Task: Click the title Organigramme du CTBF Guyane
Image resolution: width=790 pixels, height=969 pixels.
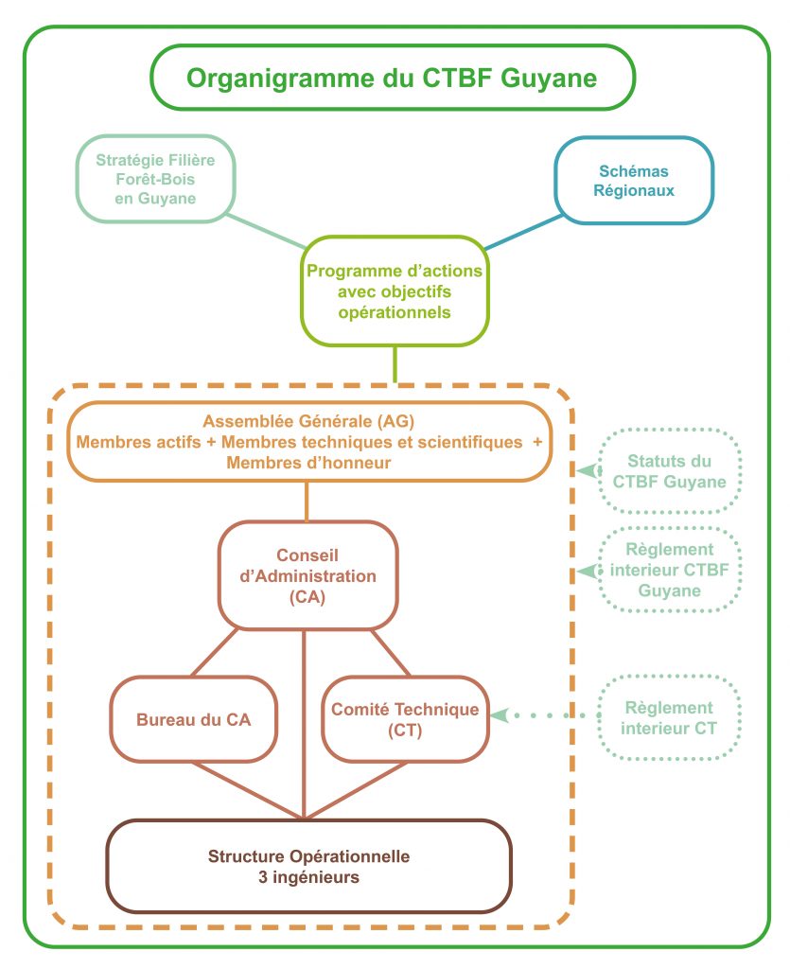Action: coord(392,78)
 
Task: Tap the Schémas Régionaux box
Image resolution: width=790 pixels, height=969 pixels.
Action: coord(633,180)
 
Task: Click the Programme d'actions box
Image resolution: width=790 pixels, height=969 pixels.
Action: coord(395,291)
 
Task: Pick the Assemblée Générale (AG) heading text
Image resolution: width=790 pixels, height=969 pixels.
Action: coord(309,421)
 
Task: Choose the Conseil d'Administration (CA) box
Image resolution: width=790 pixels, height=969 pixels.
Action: coord(307,575)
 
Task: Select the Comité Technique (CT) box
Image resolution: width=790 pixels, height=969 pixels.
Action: coord(405,719)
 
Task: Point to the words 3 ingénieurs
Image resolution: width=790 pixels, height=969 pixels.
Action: coord(308,877)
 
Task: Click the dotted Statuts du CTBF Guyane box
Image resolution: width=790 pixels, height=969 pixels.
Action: coord(670,471)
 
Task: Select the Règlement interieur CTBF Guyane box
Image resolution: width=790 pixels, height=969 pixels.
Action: coord(670,570)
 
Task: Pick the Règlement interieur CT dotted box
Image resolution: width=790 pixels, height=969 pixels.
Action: coord(670,717)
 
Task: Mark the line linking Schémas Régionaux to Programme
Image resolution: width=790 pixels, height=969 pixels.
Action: coord(525,232)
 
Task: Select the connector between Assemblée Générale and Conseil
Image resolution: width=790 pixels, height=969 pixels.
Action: coord(307,502)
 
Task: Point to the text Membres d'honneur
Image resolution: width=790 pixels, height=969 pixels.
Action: coord(308,463)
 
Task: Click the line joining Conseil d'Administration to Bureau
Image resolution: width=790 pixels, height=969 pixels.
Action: coord(221,653)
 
